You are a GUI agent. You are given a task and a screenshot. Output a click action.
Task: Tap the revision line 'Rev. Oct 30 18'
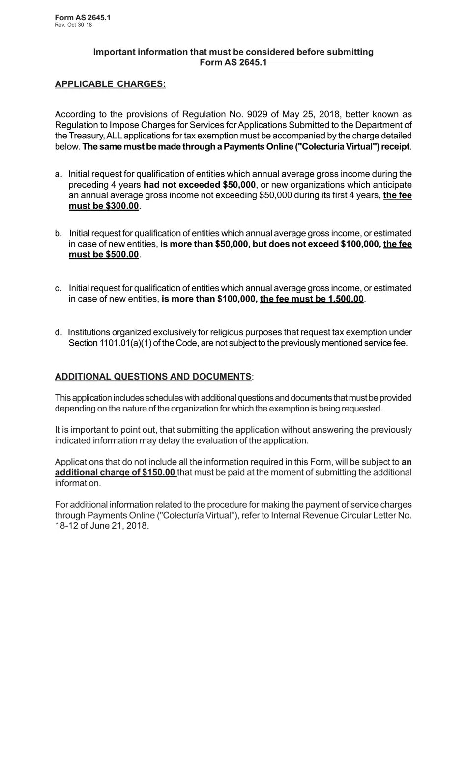[73, 25]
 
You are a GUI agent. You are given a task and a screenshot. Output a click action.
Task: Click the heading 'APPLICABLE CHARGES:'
[110, 84]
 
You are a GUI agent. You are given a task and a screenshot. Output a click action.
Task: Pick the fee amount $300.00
[122, 206]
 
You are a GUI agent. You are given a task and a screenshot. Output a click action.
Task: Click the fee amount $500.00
[122, 255]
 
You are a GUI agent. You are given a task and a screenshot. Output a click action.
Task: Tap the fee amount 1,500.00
[346, 299]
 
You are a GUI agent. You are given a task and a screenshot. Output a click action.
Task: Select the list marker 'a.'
[58, 174]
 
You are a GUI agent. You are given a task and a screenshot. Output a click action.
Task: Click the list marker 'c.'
[58, 288]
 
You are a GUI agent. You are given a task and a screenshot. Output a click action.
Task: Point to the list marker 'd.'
[58, 333]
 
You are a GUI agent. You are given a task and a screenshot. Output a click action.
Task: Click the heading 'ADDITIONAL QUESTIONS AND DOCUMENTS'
[153, 377]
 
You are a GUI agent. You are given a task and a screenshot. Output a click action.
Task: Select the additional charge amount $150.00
[158, 473]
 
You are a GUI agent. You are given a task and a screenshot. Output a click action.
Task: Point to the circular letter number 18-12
[66, 526]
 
